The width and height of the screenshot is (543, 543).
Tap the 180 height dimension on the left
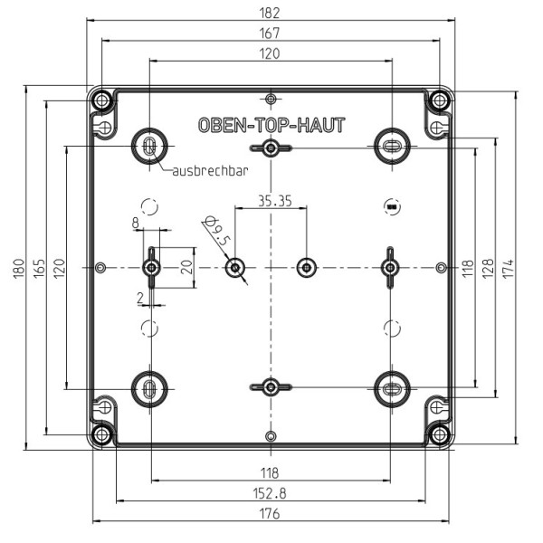pos(20,268)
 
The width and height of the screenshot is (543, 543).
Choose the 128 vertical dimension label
pos(489,268)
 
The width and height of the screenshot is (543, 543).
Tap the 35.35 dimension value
pos(273,201)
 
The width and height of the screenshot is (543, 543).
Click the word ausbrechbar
pos(210,172)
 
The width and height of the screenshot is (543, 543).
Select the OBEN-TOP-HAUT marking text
pos(271,126)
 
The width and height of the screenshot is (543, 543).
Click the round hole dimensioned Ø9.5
pos(235,267)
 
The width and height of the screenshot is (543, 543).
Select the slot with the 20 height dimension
pos(151,267)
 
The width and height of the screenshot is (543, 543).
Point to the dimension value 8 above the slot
pos(136,222)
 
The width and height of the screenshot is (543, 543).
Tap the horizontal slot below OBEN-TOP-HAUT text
pos(271,148)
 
